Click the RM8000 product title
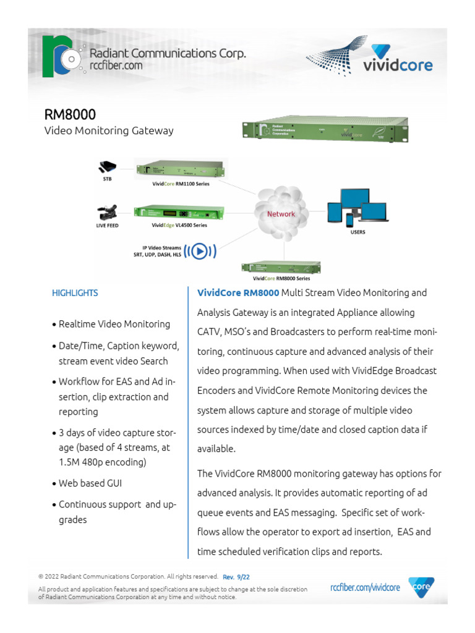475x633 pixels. pyautogui.click(x=69, y=115)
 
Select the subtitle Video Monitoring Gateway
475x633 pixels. pyautogui.click(x=108, y=130)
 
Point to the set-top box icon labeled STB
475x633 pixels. pyautogui.click(x=108, y=166)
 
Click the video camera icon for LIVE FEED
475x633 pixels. pyautogui.click(x=108, y=212)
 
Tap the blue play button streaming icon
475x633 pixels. pyautogui.click(x=199, y=251)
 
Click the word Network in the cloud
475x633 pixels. pyautogui.click(x=281, y=214)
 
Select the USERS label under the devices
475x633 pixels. pyautogui.click(x=357, y=232)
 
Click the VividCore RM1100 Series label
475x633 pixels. pyautogui.click(x=181, y=184)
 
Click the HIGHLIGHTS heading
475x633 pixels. pyautogui.click(x=75, y=293)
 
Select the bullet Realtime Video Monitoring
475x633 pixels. pyautogui.click(x=114, y=324)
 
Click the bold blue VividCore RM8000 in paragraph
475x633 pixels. pyautogui.click(x=237, y=292)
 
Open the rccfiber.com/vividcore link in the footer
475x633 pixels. pyautogui.click(x=365, y=587)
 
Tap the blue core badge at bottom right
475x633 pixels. pyautogui.click(x=421, y=587)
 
